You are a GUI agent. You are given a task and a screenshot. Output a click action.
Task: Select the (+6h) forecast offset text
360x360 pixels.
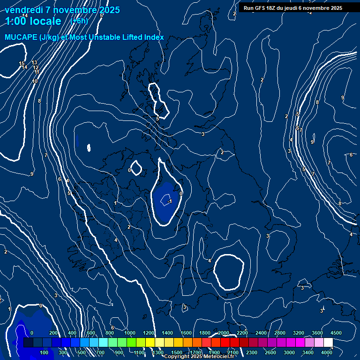click(x=79, y=21)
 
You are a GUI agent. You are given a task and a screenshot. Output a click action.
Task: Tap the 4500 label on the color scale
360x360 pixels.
click(x=336, y=332)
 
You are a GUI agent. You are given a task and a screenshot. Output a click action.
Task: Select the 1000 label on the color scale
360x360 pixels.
click(x=130, y=332)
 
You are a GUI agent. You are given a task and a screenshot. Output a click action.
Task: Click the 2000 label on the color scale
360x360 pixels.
click(x=224, y=332)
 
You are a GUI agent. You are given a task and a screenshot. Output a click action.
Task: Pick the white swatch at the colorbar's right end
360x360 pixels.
click(x=328, y=343)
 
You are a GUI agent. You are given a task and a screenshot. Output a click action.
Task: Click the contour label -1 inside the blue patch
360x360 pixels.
click(x=169, y=201)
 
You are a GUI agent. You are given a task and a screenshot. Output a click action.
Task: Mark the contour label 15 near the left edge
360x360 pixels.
click(x=22, y=63)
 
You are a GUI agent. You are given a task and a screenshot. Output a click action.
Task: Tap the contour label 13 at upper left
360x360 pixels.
click(x=34, y=62)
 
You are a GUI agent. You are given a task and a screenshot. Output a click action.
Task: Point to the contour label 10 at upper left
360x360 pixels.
click(x=35, y=81)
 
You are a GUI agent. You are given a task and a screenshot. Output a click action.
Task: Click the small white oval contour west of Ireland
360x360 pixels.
click(x=89, y=148)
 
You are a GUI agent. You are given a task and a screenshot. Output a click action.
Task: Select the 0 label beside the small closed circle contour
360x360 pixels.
click(x=129, y=170)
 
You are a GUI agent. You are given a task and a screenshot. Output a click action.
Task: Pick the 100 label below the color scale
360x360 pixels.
click(x=45, y=352)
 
